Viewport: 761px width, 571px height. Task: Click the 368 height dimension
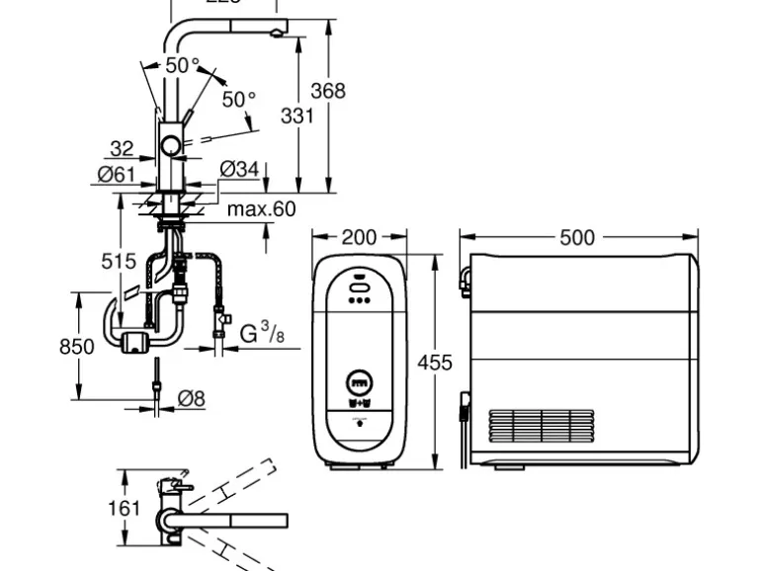(328, 91)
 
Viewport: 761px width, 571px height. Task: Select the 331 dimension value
(297, 116)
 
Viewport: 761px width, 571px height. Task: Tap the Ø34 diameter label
(239, 170)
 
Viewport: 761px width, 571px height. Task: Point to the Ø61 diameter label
(117, 175)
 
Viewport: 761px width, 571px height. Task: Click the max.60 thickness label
(261, 208)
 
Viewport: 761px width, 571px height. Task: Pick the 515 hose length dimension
(118, 261)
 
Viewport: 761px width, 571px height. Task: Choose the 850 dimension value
(77, 347)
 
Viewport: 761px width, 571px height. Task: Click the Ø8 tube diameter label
(192, 398)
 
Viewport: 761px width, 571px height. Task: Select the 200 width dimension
(359, 237)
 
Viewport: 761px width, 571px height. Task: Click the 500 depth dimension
(577, 237)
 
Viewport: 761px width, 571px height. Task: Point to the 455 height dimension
(434, 363)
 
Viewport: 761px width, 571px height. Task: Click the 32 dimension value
(122, 149)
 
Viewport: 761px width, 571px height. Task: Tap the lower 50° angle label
(238, 100)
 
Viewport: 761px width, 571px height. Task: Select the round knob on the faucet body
(172, 147)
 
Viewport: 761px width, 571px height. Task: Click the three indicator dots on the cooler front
(359, 300)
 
